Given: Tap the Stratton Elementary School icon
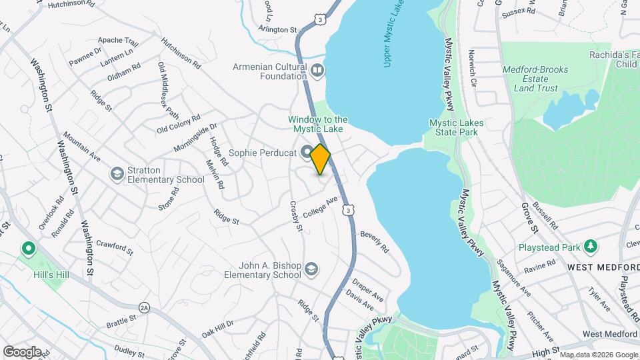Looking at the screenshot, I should tap(117, 173).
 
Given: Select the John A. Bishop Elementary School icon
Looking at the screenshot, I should tap(310, 269).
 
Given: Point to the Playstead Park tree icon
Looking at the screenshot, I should tap(590, 247).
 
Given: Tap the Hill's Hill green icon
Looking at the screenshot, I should tap(28, 250).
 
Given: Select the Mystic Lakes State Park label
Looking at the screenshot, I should tap(453, 127).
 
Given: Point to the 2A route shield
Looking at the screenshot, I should tap(145, 307).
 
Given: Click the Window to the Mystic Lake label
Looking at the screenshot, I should tap(318, 124).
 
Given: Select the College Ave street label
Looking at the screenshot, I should tap(321, 207).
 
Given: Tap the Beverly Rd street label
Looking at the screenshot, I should tap(374, 242).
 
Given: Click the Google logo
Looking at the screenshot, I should tap(22, 351).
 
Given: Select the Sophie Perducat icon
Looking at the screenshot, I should tap(306, 153).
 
